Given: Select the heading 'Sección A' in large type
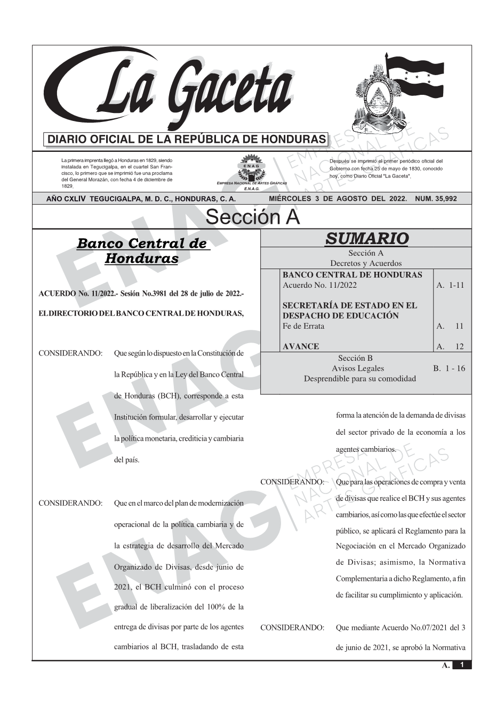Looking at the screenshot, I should (x=252, y=217).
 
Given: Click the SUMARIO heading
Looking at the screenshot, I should (x=366, y=238).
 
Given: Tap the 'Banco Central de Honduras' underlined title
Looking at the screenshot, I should (x=142, y=250).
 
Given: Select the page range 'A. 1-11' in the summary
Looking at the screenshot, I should (x=450, y=285).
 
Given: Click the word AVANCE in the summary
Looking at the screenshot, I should (x=301, y=346).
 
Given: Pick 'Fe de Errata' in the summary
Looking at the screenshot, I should (x=303, y=326).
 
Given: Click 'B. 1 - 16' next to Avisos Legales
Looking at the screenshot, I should (x=449, y=368).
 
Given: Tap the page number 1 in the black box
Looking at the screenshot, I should (x=462, y=665).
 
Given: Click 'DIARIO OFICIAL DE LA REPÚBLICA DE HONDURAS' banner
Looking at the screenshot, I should (x=187, y=140).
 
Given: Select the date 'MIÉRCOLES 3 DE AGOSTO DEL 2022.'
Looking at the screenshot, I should (x=338, y=199).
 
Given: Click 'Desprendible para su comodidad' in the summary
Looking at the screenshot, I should (x=359, y=378).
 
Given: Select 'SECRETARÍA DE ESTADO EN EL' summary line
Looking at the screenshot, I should (x=349, y=305).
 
